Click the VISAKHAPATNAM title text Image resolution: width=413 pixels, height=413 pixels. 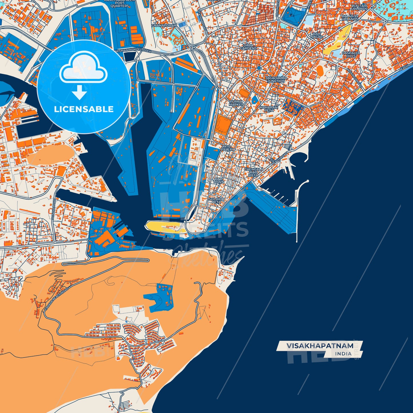[320, 346]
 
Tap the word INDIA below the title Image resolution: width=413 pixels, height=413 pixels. [343, 354]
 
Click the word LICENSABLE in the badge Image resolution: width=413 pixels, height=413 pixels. [84, 109]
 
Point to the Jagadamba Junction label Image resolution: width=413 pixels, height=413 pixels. [276, 79]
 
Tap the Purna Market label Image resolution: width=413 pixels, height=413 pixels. [236, 103]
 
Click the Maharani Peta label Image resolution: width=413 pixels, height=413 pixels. [269, 109]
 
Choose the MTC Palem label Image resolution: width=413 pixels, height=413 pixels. [227, 148]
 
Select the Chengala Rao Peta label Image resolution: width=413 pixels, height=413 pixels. [254, 172]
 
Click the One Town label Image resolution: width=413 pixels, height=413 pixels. [219, 180]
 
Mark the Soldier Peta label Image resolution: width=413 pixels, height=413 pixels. [216, 200]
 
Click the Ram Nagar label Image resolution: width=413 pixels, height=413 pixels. [316, 35]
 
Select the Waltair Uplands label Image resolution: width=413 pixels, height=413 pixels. [359, 7]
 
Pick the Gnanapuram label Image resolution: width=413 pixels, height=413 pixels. [164, 25]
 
